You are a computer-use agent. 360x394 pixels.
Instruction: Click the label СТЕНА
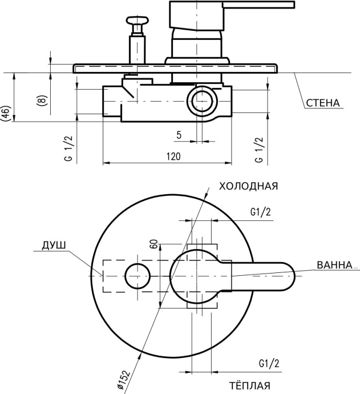click(322, 103)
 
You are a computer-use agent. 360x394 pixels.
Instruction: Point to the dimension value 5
click(179, 135)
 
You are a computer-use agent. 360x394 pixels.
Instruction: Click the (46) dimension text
click(5, 114)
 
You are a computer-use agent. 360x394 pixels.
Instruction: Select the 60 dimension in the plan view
click(153, 244)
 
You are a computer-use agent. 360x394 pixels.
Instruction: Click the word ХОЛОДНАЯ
click(248, 186)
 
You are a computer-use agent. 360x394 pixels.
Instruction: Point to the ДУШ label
click(54, 246)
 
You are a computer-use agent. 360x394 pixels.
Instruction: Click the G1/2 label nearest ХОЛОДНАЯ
click(260, 212)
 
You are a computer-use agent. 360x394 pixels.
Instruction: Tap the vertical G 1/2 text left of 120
click(68, 150)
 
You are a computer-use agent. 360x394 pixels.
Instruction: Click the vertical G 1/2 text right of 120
click(259, 150)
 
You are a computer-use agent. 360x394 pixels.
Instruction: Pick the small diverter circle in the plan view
click(137, 276)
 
